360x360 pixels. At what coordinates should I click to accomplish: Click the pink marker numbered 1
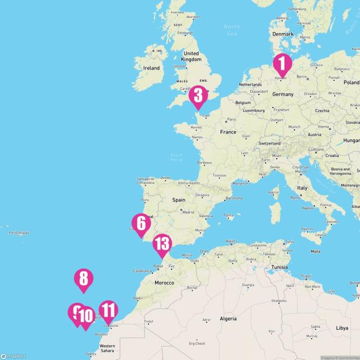[x=282, y=64]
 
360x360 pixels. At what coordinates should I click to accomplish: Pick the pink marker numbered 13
[x=162, y=244]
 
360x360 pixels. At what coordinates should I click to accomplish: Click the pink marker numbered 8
[x=83, y=278]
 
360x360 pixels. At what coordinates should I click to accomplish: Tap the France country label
[x=228, y=132]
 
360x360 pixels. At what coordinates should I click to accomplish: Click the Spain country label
[x=179, y=200]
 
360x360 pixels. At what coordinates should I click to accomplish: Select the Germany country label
[x=282, y=94]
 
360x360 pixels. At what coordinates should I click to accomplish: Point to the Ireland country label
[x=151, y=68]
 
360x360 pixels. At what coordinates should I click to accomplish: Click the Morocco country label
[x=164, y=282]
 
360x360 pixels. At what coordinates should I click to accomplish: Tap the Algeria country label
[x=228, y=318]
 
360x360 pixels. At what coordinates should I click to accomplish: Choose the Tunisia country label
[x=280, y=268]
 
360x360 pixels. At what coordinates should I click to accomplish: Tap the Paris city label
[x=231, y=120]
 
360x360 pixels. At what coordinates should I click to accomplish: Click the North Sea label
[x=231, y=29]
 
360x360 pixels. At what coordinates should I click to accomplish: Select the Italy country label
[x=303, y=187]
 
